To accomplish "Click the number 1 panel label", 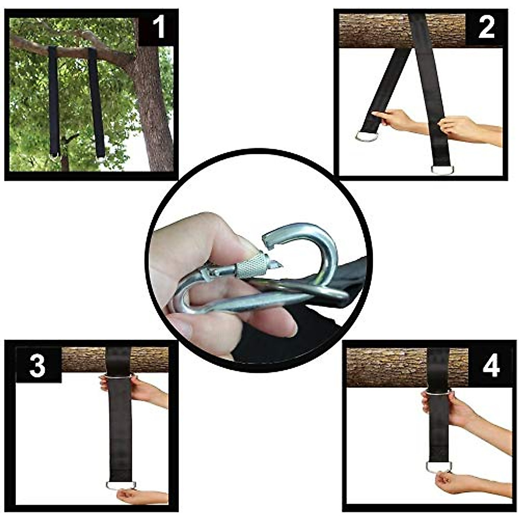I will coord(158,28).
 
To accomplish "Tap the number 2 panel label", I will coord(486,28).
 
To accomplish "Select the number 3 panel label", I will coord(37,365).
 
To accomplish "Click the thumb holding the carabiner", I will coord(203,242).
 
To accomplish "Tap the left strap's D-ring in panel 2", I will coord(367,137).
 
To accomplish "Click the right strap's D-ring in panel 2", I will coord(442,169).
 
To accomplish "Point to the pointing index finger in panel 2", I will coord(381,115).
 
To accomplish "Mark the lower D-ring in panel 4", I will coord(439,467).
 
